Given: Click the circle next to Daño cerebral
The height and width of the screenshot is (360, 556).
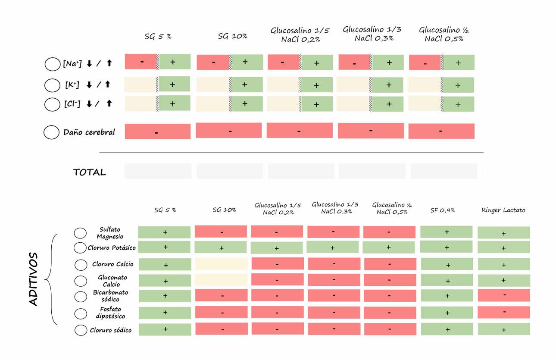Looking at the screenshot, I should coord(51,132).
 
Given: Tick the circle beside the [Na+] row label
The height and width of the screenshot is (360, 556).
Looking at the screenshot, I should coord(52,64).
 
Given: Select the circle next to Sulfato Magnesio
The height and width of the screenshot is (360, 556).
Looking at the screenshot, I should coord(80,233).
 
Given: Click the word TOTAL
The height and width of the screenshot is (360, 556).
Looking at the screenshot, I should coord(89,172).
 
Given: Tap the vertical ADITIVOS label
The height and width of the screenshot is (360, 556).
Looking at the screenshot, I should coord(34,279).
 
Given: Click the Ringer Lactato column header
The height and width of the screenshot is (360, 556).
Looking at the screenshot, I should coord(503,210).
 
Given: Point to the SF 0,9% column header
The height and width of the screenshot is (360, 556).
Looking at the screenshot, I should coord(442,210).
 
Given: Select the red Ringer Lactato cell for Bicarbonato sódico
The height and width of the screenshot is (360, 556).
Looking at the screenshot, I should coord(503,295).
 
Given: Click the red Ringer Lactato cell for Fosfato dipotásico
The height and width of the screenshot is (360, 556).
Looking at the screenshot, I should coord(503,312).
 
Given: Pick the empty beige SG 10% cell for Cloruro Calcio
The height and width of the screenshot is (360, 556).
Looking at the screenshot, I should coord(221,264).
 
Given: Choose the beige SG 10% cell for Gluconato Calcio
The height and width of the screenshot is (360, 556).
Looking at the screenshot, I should coord(221,280).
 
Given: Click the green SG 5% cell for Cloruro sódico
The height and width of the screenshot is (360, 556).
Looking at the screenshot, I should coord(165,329).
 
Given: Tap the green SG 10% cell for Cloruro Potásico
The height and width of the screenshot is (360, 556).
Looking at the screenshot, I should coord(221,247).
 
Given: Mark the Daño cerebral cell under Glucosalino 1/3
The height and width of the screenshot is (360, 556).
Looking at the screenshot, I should coord(371,131).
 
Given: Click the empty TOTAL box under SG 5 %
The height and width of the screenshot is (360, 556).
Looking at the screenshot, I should coord(158,171).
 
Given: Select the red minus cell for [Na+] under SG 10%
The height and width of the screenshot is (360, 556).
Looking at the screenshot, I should coord(213,63).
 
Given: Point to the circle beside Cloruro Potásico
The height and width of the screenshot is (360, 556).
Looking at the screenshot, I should coord(80,248).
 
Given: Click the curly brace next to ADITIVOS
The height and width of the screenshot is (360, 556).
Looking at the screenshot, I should coord(52,279).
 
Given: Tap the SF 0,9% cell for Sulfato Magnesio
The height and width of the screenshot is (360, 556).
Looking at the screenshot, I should coord(447,232).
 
